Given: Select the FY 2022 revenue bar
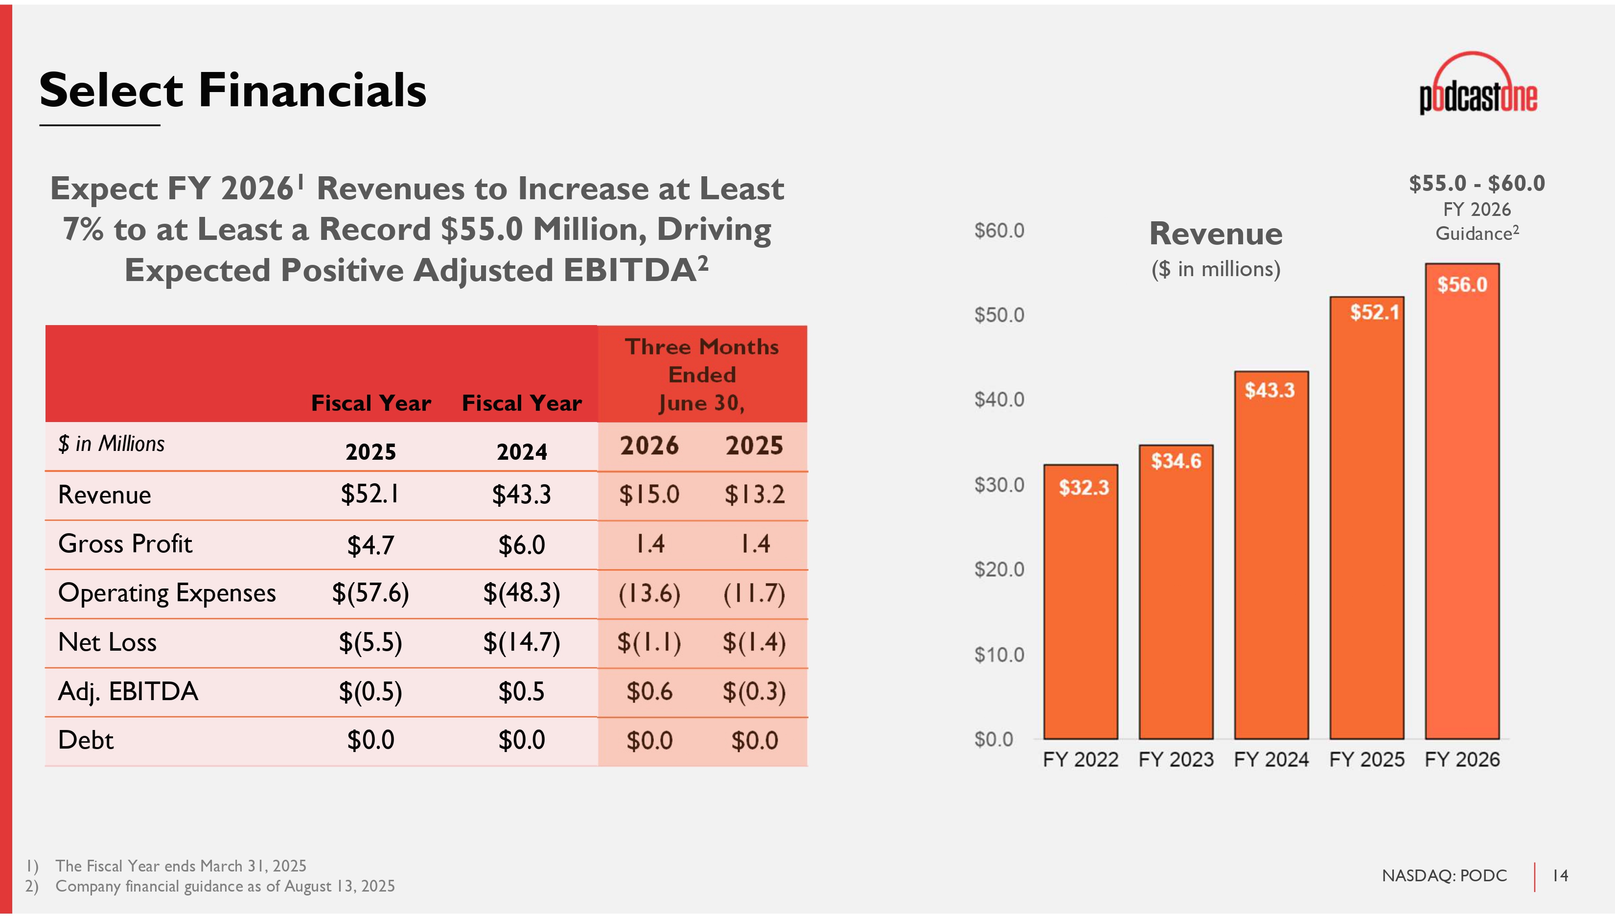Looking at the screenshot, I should coord(1080,605).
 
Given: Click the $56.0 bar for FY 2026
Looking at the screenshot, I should coord(1462,504).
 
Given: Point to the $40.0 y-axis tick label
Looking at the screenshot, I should coord(999,400).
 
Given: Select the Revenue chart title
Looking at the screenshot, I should coord(1216,234).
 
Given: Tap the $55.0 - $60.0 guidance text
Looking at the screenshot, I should coord(1477,184).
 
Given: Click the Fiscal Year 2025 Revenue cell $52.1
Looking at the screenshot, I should coord(370,494).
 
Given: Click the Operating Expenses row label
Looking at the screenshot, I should coord(167,593).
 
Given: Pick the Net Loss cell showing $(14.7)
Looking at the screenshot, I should coord(521,642).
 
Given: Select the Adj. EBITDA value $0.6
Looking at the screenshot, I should coord(649,692).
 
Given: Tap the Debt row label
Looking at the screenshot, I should coord(86,740).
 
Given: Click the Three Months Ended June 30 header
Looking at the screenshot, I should coord(701,375).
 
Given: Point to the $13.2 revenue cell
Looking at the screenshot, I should coord(754,494).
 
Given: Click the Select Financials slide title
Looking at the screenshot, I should coord(232,90).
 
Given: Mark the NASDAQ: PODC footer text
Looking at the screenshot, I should coord(1444,876).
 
